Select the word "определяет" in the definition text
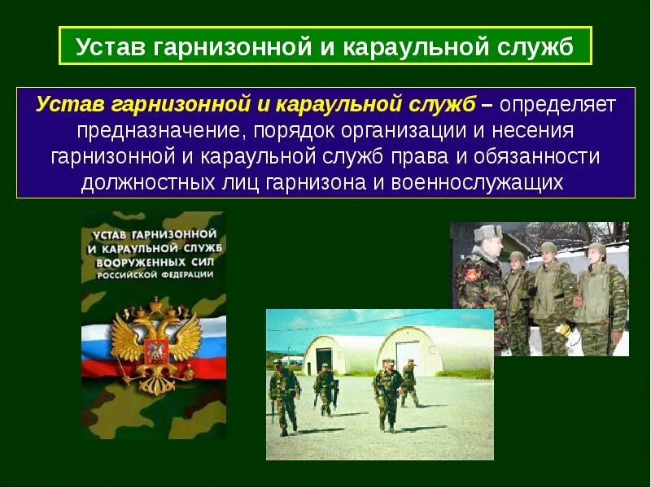click(x=557, y=104)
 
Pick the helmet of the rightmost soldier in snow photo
click(x=597, y=250)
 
